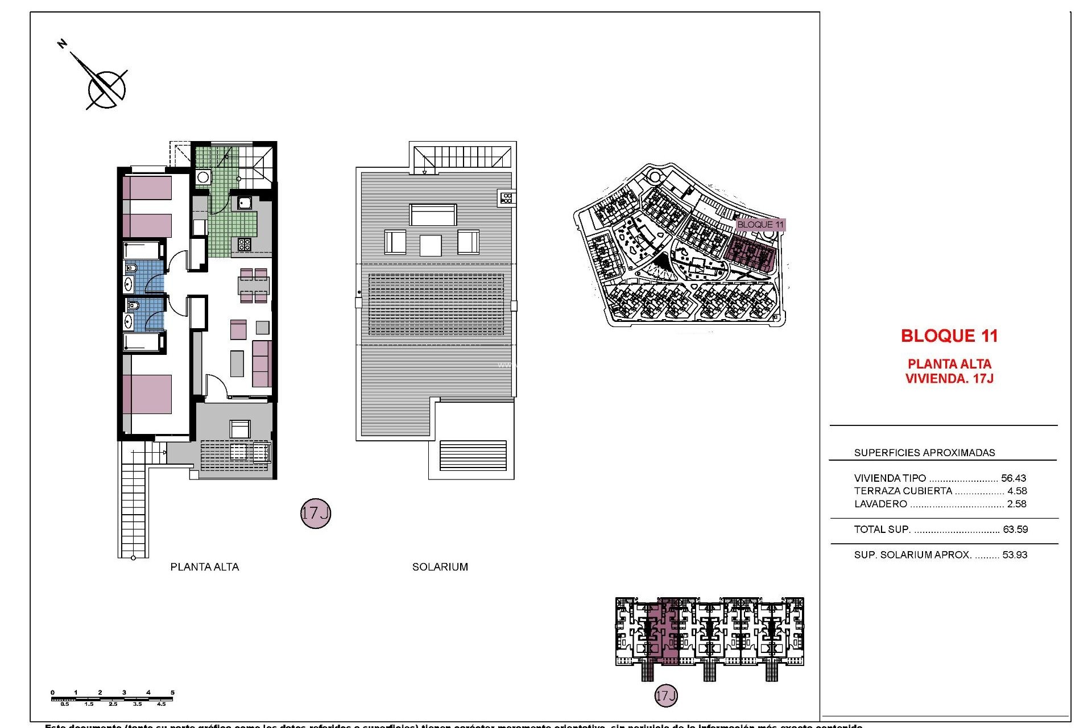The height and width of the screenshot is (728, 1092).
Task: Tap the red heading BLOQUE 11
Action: click(x=949, y=336)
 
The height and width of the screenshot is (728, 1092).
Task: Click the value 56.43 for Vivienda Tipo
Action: click(x=1014, y=478)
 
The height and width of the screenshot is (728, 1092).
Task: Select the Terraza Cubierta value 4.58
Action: click(x=1017, y=491)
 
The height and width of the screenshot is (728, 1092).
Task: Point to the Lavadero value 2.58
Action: click(x=1017, y=504)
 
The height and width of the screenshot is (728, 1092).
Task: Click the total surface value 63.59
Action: click(x=1015, y=530)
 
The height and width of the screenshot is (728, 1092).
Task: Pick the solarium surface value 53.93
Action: click(x=1015, y=555)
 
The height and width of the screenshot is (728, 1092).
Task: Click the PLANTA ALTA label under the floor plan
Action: click(x=205, y=567)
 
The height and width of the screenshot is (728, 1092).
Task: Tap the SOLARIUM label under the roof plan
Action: click(x=440, y=567)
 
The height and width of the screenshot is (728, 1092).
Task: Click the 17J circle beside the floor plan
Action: click(x=315, y=514)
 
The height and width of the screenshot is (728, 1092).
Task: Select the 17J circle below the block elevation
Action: click(x=666, y=696)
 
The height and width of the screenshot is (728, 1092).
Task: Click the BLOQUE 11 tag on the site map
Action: click(x=760, y=225)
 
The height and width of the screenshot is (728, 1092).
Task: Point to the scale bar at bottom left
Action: click(x=113, y=698)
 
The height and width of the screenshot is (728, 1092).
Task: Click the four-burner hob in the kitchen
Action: click(x=244, y=245)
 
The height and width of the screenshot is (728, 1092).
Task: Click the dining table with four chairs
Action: click(x=254, y=286)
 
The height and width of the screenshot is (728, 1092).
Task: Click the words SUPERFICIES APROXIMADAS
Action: click(x=924, y=453)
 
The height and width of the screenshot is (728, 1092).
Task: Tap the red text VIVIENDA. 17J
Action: click(x=949, y=379)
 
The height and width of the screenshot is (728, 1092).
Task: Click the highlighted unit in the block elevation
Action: click(x=664, y=631)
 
